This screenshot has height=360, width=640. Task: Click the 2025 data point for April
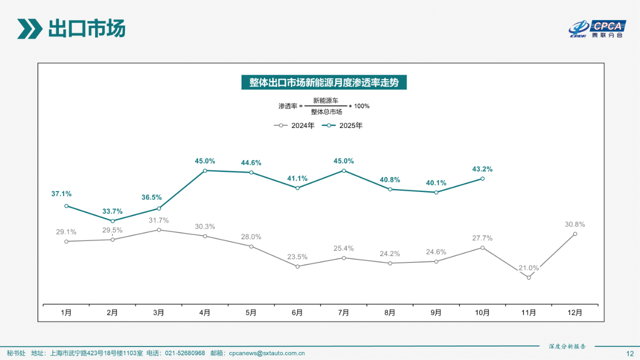[205, 170]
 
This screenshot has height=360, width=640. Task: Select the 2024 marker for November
[528, 277]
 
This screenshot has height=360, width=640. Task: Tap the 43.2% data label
[482, 169]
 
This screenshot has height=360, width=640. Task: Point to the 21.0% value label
[528, 268]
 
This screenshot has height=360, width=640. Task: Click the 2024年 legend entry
[295, 125]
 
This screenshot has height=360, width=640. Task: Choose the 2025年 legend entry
[343, 125]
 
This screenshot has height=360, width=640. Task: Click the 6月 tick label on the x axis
[297, 313]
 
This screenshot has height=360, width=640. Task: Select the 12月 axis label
[575, 313]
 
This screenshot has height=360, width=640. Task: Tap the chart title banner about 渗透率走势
[324, 82]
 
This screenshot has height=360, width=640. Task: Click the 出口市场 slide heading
[86, 28]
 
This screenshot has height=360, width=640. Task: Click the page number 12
[629, 353]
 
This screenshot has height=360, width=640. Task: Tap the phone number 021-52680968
[185, 353]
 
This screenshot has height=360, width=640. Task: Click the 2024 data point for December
[575, 233]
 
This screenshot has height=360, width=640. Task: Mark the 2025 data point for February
[112, 221]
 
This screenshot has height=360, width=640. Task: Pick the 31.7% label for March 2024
[158, 220]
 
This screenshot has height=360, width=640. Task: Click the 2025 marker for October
[482, 178]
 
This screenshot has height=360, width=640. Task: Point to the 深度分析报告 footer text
[567, 346]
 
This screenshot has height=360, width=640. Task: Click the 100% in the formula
[361, 106]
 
